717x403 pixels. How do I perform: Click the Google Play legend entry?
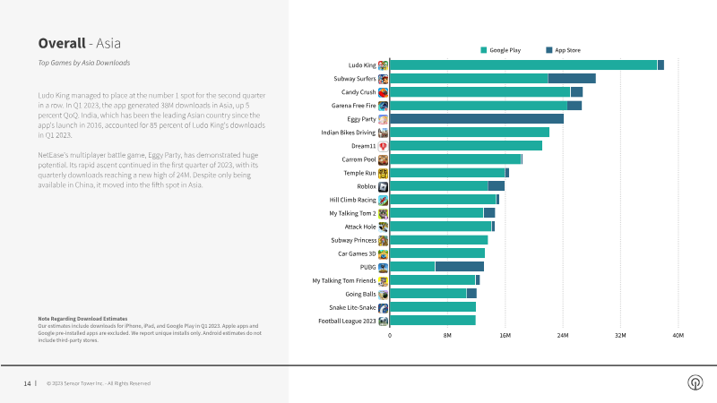pyautogui.click(x=504, y=50)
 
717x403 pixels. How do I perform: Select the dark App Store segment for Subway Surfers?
pyautogui.click(x=572, y=79)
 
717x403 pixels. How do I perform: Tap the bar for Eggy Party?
pyautogui.click(x=477, y=119)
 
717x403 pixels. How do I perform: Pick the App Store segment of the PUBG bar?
pyautogui.click(x=459, y=267)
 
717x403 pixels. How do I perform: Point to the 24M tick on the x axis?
pyautogui.click(x=563, y=336)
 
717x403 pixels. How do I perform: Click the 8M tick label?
pyautogui.click(x=447, y=336)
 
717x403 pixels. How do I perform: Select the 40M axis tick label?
pyautogui.click(x=678, y=336)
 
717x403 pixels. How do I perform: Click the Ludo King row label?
pyautogui.click(x=361, y=65)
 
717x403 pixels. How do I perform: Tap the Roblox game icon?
pyautogui.click(x=383, y=186)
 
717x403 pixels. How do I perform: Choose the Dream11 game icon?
pyautogui.click(x=383, y=146)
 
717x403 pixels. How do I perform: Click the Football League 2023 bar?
pyautogui.click(x=433, y=321)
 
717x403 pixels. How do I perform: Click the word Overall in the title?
pyautogui.click(x=61, y=43)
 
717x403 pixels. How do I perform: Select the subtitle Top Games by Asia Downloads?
pyautogui.click(x=84, y=64)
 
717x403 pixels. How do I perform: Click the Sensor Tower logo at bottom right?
pyautogui.click(x=695, y=382)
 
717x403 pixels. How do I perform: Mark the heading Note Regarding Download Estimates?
pyautogui.click(x=82, y=319)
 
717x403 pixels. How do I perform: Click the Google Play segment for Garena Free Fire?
pyautogui.click(x=479, y=106)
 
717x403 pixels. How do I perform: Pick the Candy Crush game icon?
pyautogui.click(x=383, y=92)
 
